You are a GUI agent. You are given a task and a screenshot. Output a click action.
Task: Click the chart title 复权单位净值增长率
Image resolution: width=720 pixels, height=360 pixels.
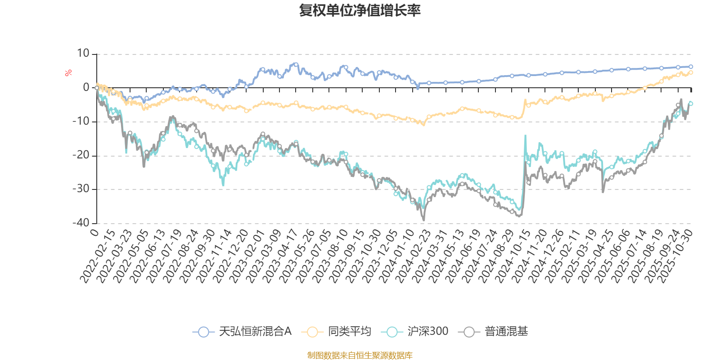click(360, 11)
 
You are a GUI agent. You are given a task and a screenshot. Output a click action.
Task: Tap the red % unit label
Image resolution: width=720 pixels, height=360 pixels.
click(68, 73)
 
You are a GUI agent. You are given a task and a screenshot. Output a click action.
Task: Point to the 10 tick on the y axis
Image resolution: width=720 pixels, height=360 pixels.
click(83, 54)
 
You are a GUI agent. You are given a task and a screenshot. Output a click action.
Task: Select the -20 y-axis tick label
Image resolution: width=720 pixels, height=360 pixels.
click(81, 155)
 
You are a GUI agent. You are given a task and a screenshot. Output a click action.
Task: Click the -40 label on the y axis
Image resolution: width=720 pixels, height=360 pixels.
click(81, 223)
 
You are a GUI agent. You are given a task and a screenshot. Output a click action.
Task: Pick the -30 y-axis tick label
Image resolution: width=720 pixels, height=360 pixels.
click(81, 189)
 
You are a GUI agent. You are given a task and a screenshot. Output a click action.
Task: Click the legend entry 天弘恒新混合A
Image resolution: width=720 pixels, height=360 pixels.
click(255, 332)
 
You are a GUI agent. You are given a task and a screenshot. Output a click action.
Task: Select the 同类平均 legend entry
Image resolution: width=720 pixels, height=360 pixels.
click(349, 332)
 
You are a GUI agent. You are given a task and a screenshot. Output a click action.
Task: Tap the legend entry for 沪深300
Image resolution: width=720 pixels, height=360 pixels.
click(427, 332)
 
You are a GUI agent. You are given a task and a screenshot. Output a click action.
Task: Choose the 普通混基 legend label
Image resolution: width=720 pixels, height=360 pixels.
click(506, 332)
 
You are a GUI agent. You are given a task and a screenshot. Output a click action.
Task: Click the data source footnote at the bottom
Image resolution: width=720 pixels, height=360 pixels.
click(360, 355)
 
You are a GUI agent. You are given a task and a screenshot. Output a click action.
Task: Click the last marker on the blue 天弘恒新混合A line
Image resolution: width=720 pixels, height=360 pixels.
click(691, 67)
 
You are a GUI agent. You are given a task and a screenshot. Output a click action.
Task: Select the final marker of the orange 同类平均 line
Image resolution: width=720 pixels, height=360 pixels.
click(691, 72)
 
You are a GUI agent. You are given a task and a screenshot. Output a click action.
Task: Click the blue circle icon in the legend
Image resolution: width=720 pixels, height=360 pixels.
click(203, 332)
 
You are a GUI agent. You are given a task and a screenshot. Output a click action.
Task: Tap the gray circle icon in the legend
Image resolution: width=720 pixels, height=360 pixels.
click(469, 332)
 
